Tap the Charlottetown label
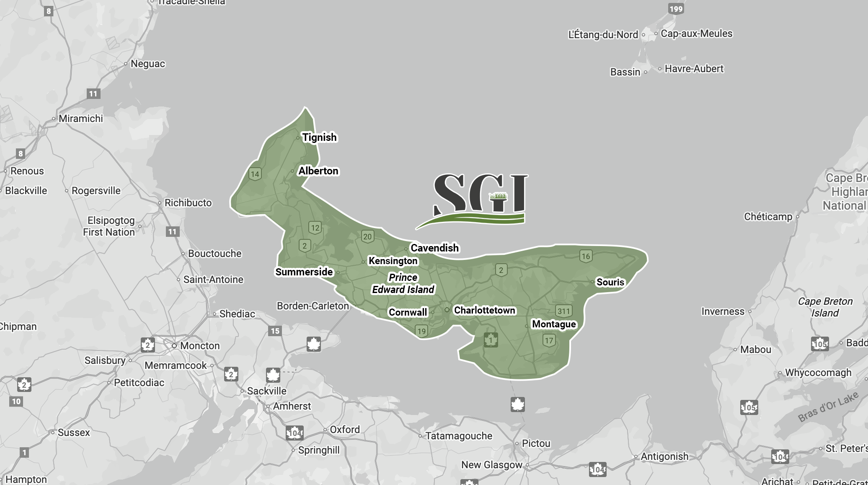point(484,310)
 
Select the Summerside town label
point(304,272)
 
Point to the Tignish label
point(319,137)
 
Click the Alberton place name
point(318,171)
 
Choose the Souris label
point(610,282)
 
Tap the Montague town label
point(554,324)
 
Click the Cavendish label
point(434,248)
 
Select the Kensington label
point(393,261)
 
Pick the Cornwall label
point(408,312)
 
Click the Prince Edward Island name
point(403,283)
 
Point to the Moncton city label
point(199,346)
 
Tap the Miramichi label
point(80,119)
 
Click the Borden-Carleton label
point(313,306)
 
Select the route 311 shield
point(563,311)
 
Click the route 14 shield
point(255,174)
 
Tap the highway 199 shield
point(676,9)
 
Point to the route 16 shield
point(586,256)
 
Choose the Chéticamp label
point(768,217)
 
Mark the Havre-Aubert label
point(694,69)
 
